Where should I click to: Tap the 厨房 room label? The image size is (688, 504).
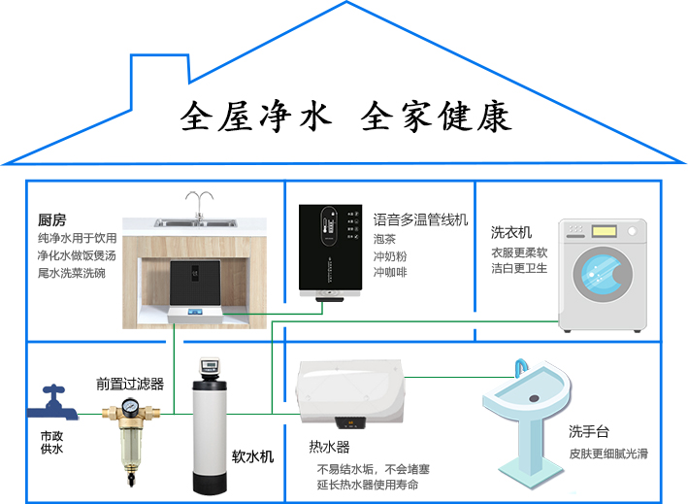pos(51,220)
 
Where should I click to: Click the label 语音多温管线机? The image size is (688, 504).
pos(420,220)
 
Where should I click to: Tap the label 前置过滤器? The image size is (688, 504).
pos(130,384)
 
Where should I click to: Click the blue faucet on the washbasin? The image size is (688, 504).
pos(522,368)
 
